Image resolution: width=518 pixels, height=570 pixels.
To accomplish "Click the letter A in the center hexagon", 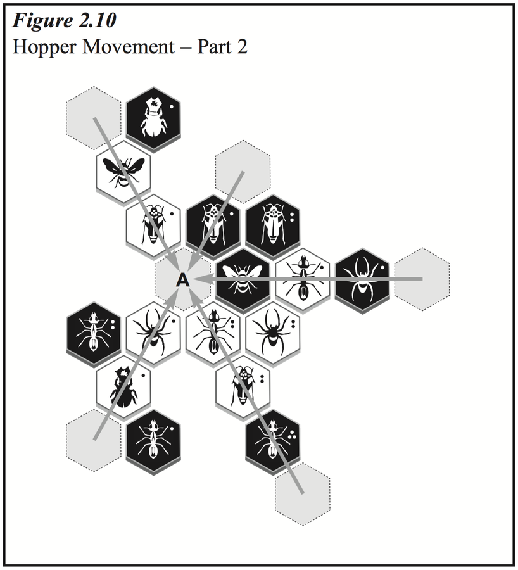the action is coord(183,280).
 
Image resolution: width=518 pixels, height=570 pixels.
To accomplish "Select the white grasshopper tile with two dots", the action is coord(243,389).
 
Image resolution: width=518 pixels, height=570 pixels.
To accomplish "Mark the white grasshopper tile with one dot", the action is coord(153,225).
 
